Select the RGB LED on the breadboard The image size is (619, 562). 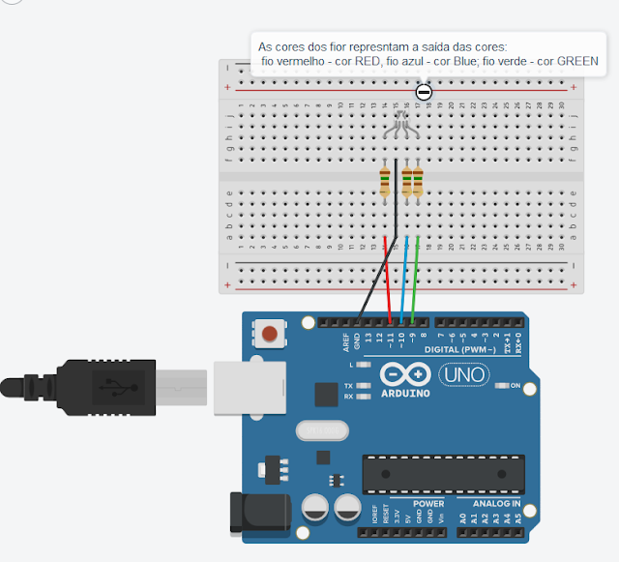(402, 124)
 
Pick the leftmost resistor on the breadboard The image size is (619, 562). (386, 181)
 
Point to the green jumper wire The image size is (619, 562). (416, 281)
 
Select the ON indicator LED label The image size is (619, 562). (516, 386)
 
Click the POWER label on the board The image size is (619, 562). (428, 504)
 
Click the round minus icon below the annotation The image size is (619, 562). (424, 92)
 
